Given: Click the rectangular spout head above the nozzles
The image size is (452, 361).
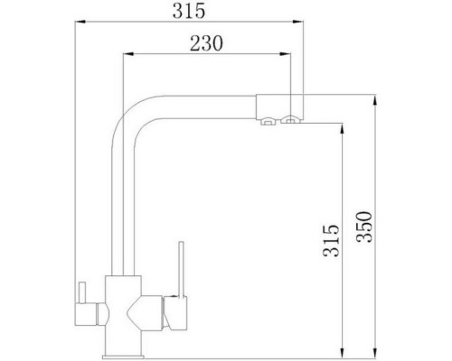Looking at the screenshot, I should pos(280,104).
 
